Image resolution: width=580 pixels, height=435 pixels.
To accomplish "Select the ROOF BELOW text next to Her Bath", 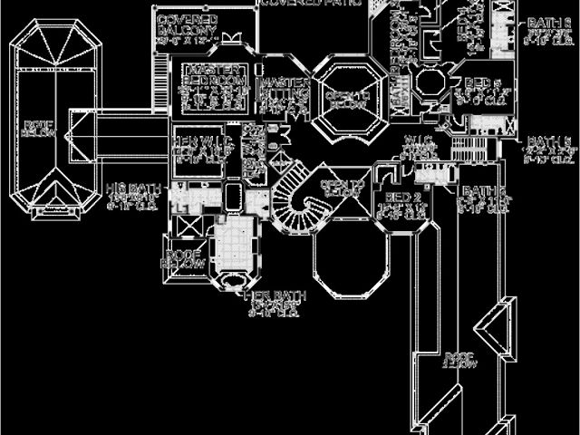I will pyautogui.click(x=182, y=256).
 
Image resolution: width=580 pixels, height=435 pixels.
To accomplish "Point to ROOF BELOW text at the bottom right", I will pyautogui.click(x=458, y=360).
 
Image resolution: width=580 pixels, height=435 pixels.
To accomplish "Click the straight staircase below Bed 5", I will pyautogui.click(x=467, y=145).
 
